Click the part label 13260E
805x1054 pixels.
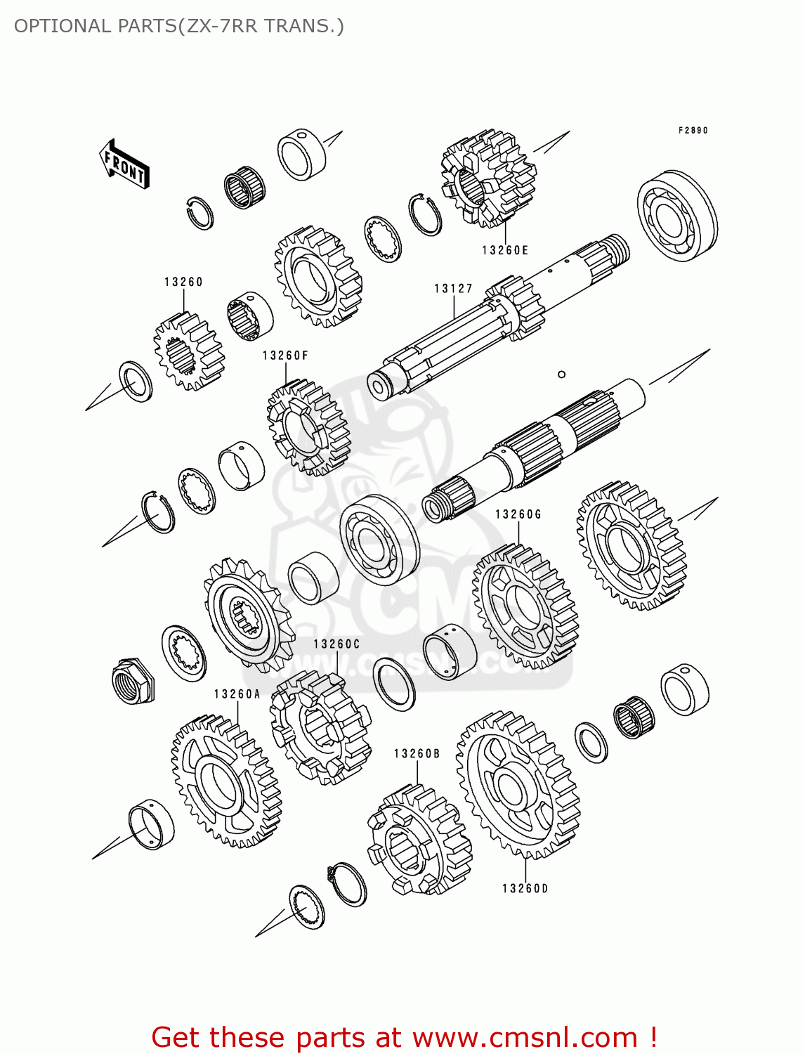click(x=505, y=250)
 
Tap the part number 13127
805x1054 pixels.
click(x=453, y=288)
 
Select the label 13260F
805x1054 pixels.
click(x=285, y=356)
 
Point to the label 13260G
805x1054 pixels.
click(x=518, y=514)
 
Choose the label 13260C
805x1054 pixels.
click(x=336, y=644)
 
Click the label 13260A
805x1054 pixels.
click(x=237, y=694)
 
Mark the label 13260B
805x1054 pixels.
click(x=417, y=754)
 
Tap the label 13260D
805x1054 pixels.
click(x=525, y=888)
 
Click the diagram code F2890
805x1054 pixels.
click(x=693, y=131)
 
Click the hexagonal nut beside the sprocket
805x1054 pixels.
click(x=133, y=680)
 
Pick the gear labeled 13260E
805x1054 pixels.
click(x=488, y=178)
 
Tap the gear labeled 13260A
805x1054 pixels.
click(x=225, y=781)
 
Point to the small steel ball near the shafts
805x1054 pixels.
click(x=561, y=374)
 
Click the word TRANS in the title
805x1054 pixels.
click(x=300, y=26)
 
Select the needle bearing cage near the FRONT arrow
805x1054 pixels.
click(x=244, y=188)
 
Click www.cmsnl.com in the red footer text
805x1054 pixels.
click(x=524, y=1037)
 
